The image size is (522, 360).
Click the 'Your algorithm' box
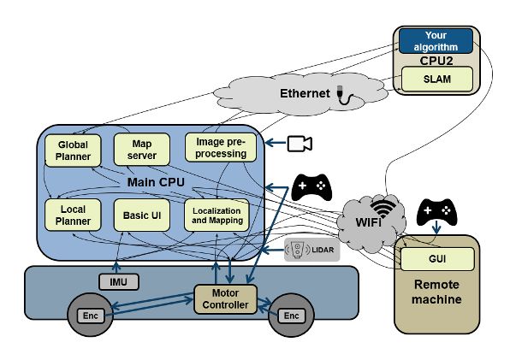tap(437, 41)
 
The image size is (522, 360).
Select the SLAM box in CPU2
tap(437, 79)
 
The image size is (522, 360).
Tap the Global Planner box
tap(73, 150)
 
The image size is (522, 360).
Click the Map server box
tap(137, 149)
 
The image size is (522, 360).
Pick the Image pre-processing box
tap(221, 147)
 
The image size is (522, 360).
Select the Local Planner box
tap(73, 214)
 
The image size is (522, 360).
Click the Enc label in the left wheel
tap(92, 316)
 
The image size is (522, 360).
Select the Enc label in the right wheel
tap(292, 316)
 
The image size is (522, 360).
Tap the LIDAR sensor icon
tap(311, 250)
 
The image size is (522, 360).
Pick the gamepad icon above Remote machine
tap(436, 211)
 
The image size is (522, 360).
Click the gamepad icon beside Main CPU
tap(311, 186)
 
